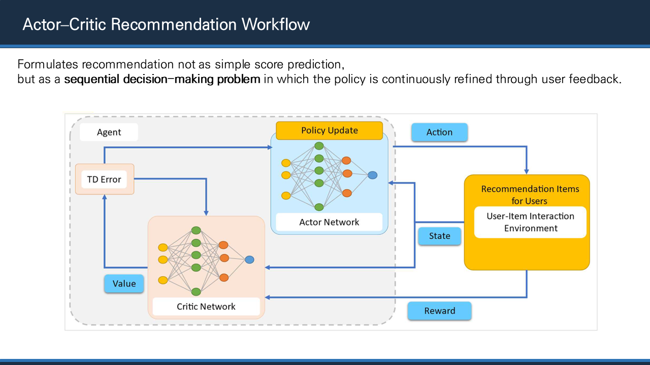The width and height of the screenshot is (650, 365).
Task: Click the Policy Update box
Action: pos(330,131)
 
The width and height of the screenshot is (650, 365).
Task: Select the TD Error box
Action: pos(105,179)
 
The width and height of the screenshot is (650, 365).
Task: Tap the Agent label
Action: pos(109,132)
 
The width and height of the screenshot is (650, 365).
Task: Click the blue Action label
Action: pos(439,132)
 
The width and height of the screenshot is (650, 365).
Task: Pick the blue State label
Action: pos(439,236)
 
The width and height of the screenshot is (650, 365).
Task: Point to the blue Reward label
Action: pos(439,311)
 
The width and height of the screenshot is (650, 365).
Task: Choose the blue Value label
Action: pos(124,283)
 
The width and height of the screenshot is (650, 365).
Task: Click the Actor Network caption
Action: pos(329,222)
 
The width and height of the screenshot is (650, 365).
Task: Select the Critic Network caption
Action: pos(206,307)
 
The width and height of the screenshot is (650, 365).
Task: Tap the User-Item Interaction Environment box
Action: pos(531,222)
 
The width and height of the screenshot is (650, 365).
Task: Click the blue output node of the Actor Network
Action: pos(373,175)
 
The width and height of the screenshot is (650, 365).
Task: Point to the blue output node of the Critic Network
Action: pos(249,260)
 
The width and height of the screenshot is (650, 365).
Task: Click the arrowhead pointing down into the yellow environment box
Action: pos(527,172)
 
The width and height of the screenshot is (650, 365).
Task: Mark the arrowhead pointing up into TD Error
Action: pos(105,197)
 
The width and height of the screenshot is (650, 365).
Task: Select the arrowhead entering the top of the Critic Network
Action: pos(206,213)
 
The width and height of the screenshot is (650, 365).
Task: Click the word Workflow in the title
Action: pos(276,24)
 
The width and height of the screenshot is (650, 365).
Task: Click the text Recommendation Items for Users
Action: pos(530,195)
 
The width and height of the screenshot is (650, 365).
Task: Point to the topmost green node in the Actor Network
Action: pos(319,146)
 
